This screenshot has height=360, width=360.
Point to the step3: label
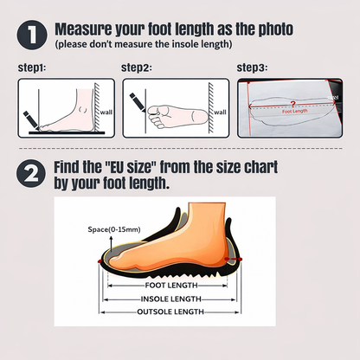click(252, 67)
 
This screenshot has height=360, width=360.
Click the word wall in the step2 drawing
click(219, 112)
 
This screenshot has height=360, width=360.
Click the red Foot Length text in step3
click(295, 111)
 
